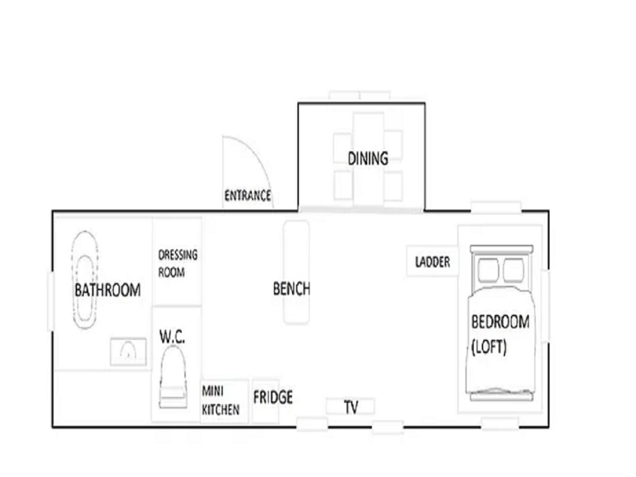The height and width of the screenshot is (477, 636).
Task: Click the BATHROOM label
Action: click(x=108, y=290)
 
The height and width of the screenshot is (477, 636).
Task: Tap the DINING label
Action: click(x=368, y=158)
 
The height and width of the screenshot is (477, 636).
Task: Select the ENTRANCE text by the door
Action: click(x=248, y=196)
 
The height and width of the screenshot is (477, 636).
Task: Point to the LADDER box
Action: click(x=432, y=261)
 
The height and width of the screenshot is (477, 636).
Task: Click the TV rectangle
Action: click(x=350, y=407)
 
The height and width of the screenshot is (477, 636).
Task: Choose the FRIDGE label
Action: click(x=272, y=397)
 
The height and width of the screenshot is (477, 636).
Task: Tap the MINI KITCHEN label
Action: click(x=220, y=401)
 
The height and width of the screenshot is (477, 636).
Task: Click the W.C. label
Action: click(x=172, y=337)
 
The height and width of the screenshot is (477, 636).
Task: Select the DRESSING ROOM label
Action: click(x=178, y=263)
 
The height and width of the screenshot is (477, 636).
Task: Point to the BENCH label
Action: click(x=291, y=288)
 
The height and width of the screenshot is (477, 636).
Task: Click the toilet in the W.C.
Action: click(x=173, y=377)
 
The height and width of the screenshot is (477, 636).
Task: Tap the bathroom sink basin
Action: click(x=128, y=352)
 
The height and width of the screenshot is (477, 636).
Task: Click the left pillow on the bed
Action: click(x=488, y=270)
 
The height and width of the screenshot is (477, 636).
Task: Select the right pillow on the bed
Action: click(x=514, y=270)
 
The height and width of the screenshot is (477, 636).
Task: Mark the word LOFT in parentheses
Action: click(x=489, y=347)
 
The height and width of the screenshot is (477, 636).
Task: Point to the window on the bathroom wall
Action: click(x=51, y=301)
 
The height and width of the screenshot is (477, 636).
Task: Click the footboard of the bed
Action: click(x=501, y=396)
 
